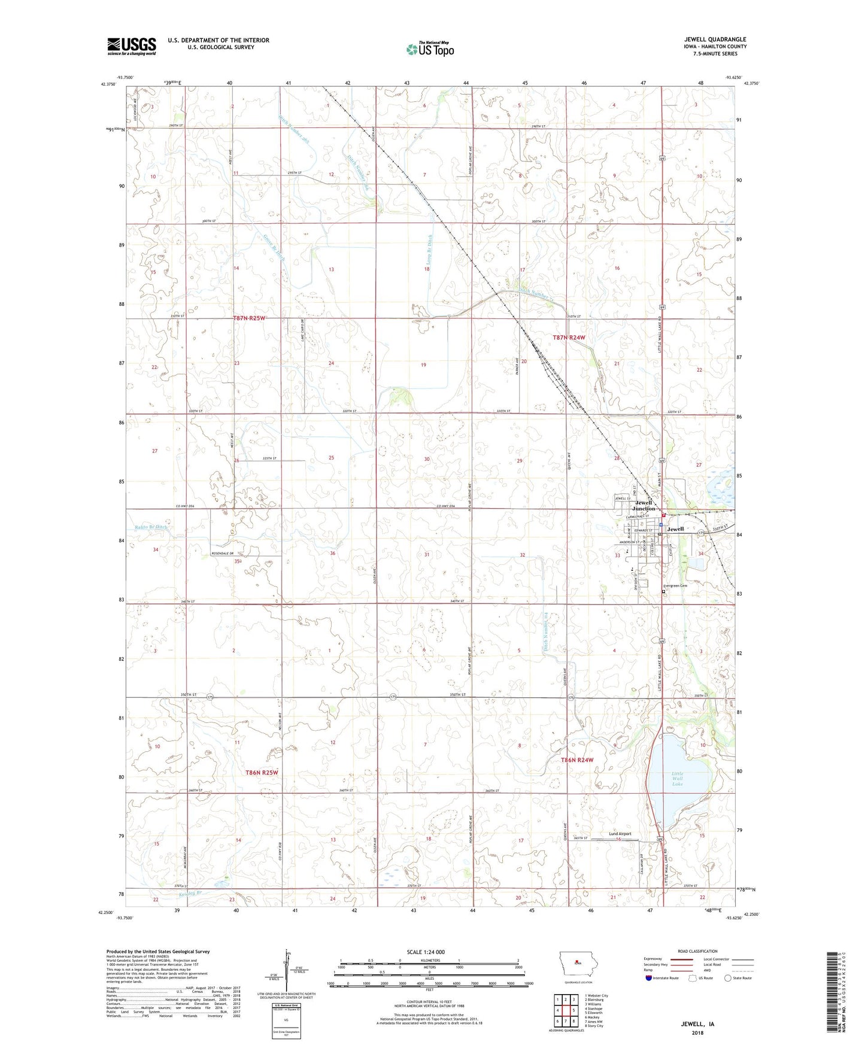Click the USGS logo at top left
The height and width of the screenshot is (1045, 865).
click(131, 46)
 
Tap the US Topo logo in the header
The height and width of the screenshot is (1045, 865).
click(430, 49)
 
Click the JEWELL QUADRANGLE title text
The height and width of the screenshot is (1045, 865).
click(715, 40)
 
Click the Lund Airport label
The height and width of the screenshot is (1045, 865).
click(620, 834)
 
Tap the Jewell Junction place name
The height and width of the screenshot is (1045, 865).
click(644, 505)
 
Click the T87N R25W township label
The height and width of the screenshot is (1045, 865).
click(249, 318)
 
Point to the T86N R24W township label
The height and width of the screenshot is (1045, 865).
click(577, 760)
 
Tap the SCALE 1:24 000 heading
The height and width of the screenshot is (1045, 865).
click(426, 952)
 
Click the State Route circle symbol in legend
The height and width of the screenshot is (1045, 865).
click(728, 978)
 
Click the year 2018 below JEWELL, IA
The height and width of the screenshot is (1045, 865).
click(697, 1032)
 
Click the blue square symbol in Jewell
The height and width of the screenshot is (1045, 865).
click(660, 525)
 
